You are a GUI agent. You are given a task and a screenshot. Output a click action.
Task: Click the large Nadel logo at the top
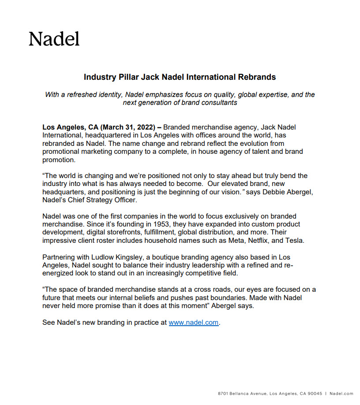click(54, 39)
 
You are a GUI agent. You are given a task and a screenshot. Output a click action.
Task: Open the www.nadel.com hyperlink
click(194, 323)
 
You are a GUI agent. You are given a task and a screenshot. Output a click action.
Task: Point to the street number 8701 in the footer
click(224, 394)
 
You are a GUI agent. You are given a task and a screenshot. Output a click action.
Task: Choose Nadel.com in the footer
click(341, 394)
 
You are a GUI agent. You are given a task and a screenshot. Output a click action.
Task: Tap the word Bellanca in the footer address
click(242, 394)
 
